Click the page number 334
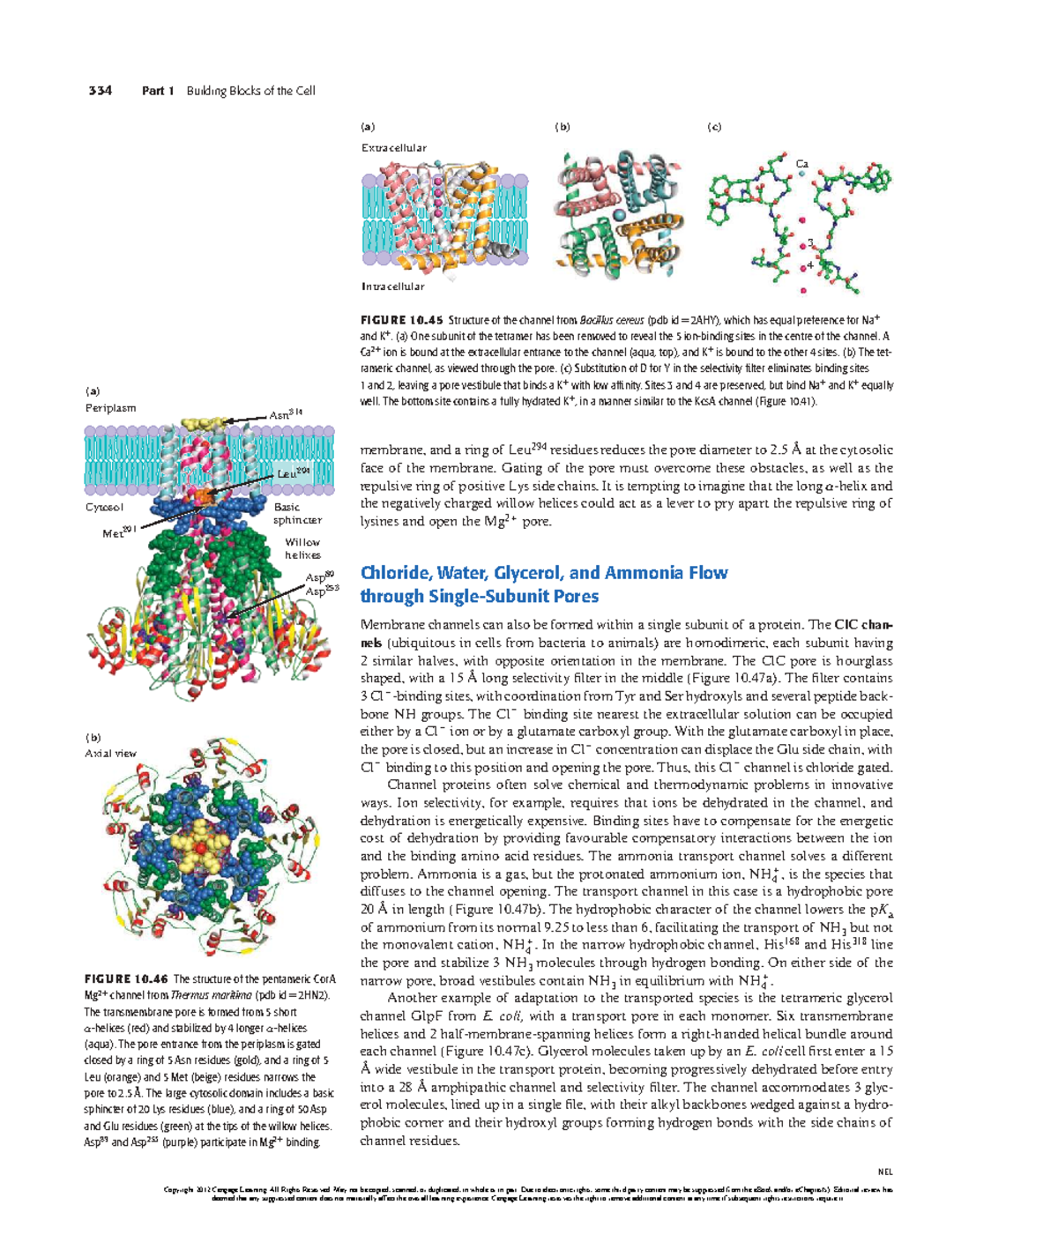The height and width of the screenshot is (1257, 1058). point(100,91)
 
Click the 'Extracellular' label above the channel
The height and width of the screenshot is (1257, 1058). point(393,148)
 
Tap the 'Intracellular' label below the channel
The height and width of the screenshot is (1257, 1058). point(392,286)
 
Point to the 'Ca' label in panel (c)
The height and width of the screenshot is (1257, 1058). point(801,164)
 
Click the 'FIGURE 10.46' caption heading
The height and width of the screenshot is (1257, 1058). point(125,979)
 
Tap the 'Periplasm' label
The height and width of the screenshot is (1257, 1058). point(110,408)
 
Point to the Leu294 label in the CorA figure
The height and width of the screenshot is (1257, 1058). point(294,473)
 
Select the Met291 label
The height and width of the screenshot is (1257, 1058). point(119,532)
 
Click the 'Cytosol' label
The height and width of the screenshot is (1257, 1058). point(104,508)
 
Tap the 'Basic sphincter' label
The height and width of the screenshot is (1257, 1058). point(296,514)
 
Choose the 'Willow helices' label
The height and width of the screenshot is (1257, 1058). point(302,549)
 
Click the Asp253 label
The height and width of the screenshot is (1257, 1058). point(322,591)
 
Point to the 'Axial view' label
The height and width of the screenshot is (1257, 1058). point(110,754)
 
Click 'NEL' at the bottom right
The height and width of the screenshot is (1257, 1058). point(885,1172)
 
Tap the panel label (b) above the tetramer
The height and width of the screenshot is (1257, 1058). point(562,127)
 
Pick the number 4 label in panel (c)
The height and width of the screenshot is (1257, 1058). point(810,265)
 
